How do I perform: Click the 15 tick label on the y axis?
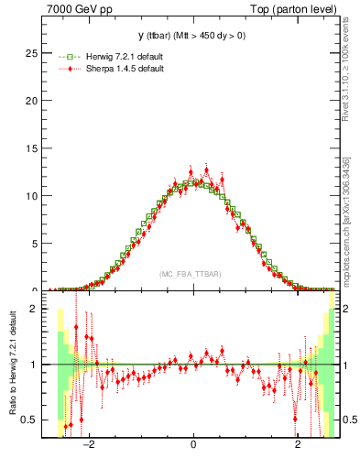tap(31, 148)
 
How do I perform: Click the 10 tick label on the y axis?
tap(31, 195)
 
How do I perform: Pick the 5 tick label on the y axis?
tap(34, 243)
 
